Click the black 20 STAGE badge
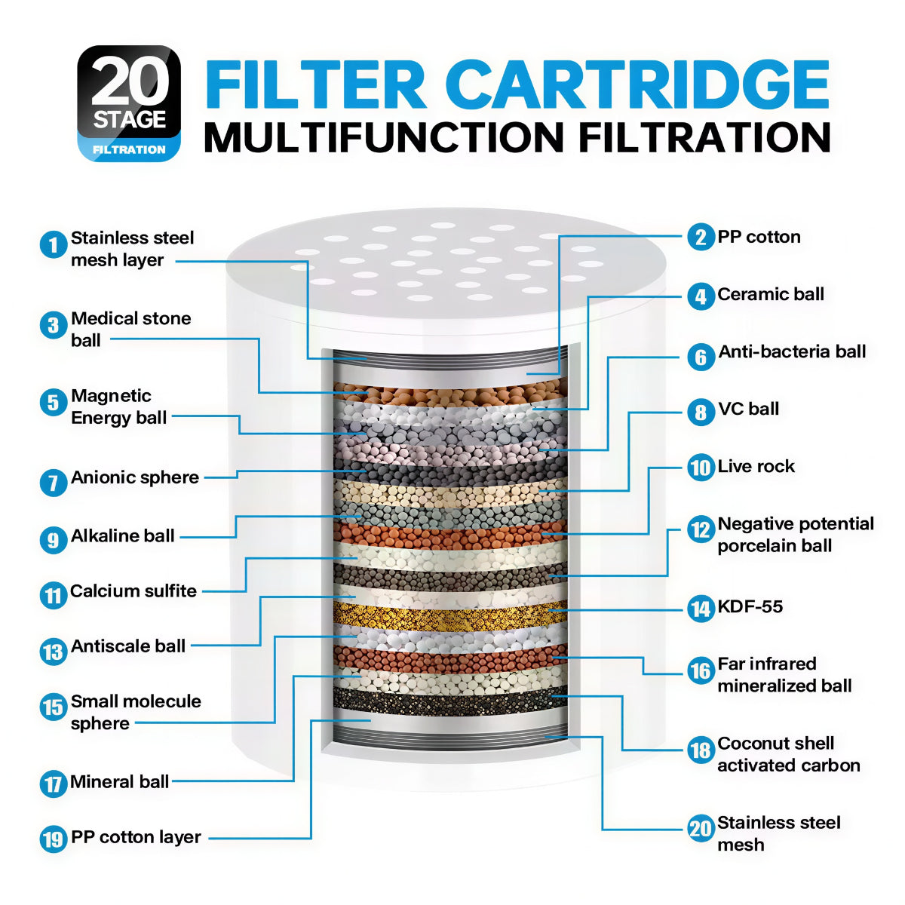[129, 103]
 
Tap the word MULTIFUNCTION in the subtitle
[384, 137]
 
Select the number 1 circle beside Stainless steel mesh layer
[54, 244]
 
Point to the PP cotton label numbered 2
[759, 237]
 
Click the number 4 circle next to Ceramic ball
[701, 296]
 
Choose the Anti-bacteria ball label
[792, 351]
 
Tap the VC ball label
[748, 409]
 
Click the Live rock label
[756, 466]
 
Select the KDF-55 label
[750, 606]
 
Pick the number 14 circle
[701, 609]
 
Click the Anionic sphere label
[135, 477]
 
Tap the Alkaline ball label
[123, 535]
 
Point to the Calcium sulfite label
[133, 591]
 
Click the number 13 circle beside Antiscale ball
[54, 652]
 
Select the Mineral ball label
[119, 782]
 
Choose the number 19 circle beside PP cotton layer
[54, 839]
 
